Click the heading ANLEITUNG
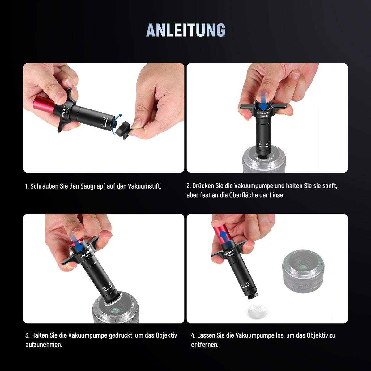click(x=185, y=30)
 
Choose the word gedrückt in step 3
click(x=121, y=335)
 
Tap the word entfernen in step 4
click(x=205, y=345)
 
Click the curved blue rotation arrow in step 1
click(x=116, y=125)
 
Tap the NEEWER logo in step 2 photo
click(x=264, y=113)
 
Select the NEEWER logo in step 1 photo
click(x=64, y=111)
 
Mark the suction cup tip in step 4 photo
click(x=252, y=297)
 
